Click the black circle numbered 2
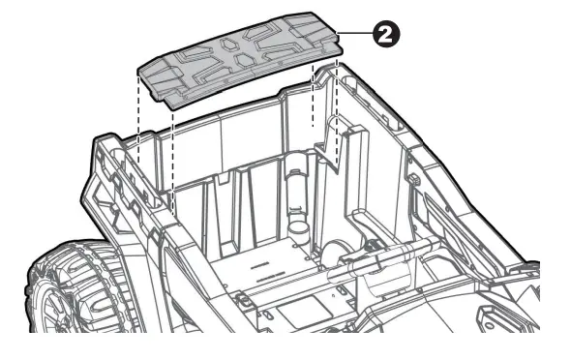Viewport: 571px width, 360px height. pyautogui.click(x=387, y=34)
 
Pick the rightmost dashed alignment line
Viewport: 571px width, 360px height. pyautogui.click(x=335, y=106)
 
